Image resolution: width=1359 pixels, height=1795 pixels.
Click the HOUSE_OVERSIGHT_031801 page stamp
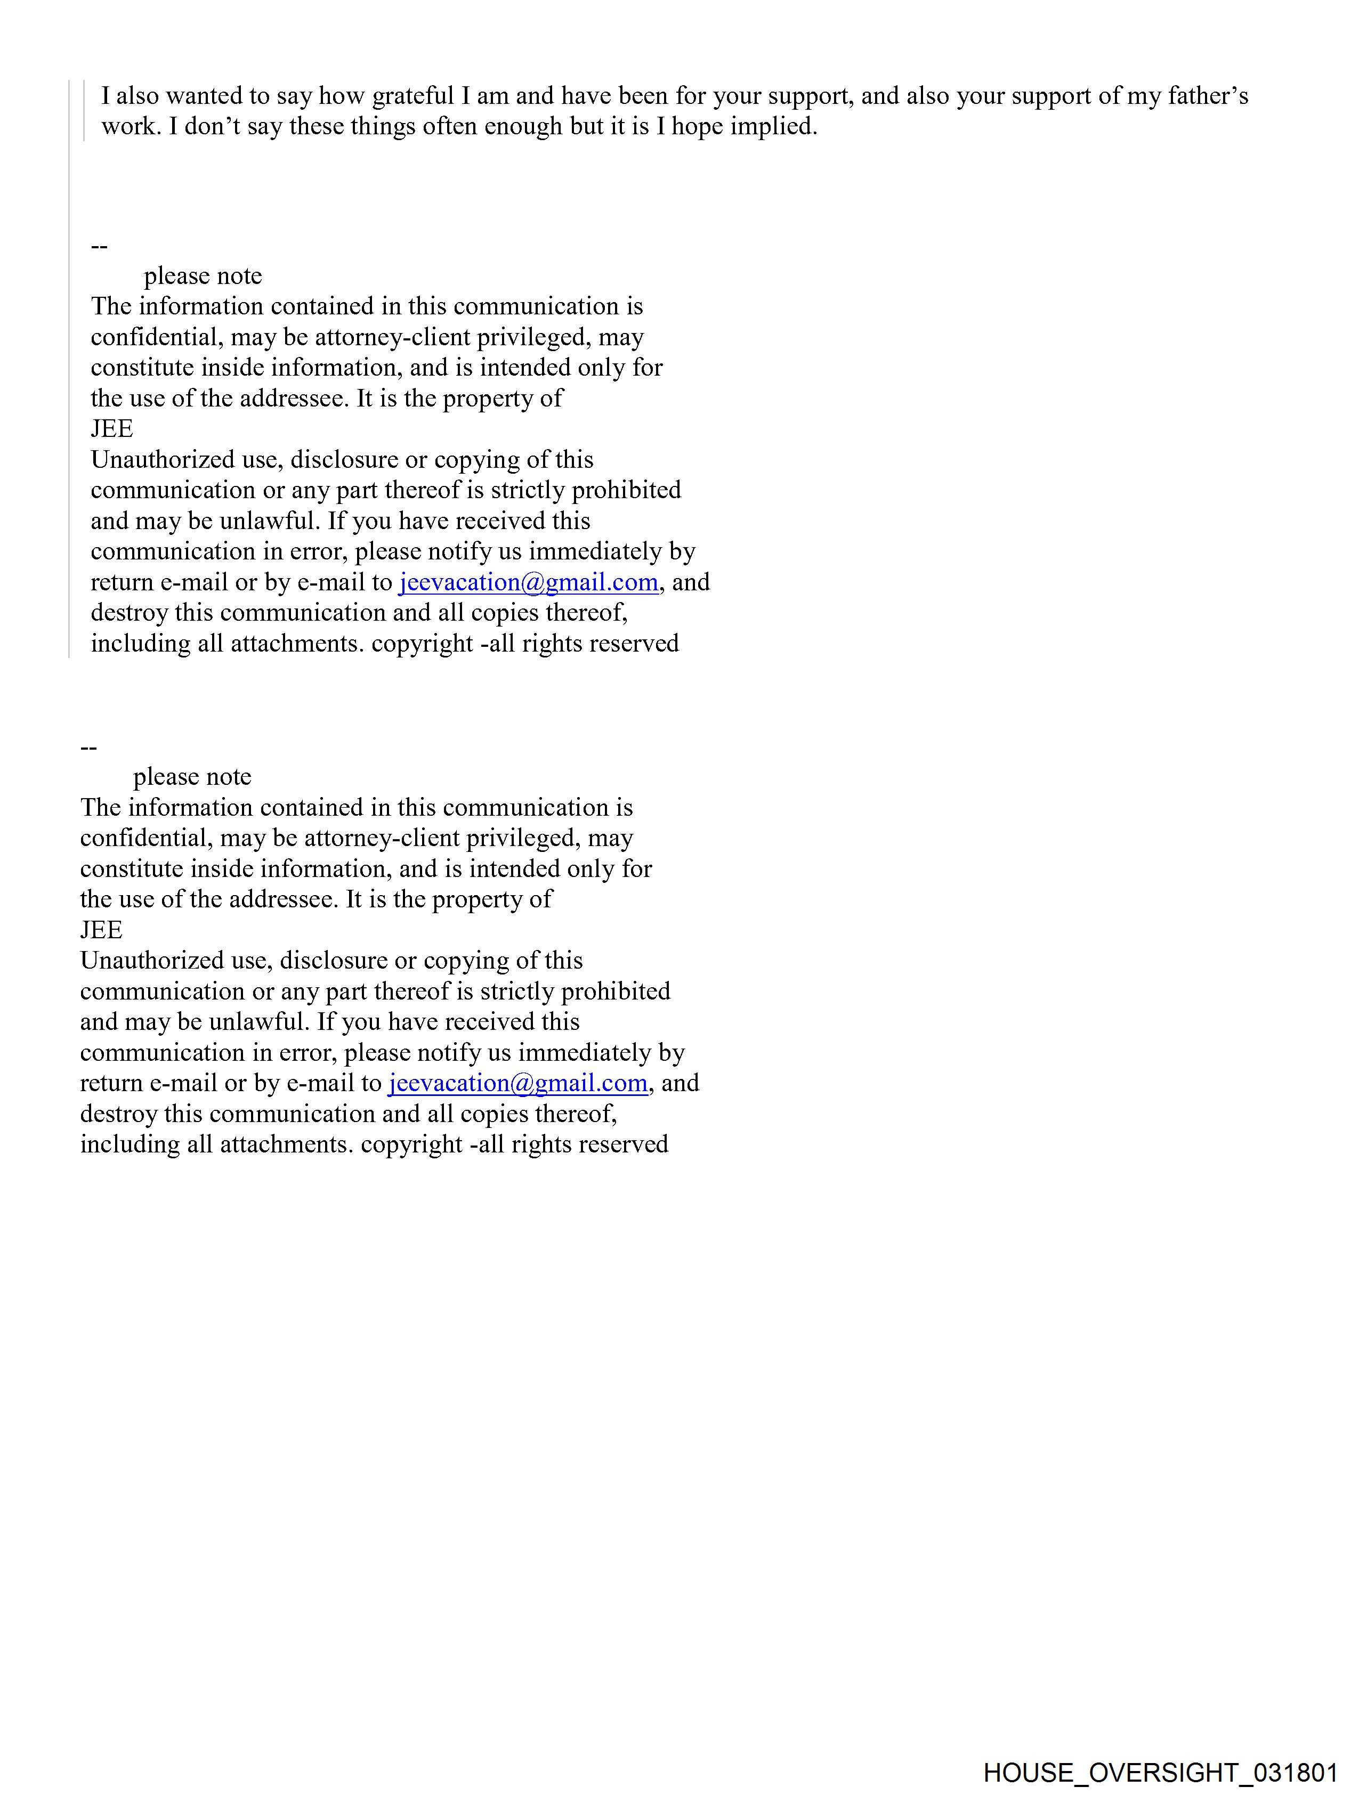[1160, 1772]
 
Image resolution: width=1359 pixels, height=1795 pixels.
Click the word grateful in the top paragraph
[413, 96]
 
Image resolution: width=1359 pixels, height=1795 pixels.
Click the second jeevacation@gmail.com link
[517, 1083]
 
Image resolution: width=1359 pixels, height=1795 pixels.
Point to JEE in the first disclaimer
[112, 428]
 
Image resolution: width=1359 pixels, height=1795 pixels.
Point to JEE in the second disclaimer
[101, 930]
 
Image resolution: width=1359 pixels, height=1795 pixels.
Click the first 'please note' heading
[203, 276]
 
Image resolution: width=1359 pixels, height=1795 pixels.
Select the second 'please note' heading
[192, 777]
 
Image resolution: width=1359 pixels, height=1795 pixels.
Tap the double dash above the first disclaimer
[99, 246]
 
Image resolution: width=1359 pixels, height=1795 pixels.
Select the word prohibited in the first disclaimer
[626, 490]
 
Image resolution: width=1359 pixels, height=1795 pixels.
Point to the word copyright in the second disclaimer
[411, 1144]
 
